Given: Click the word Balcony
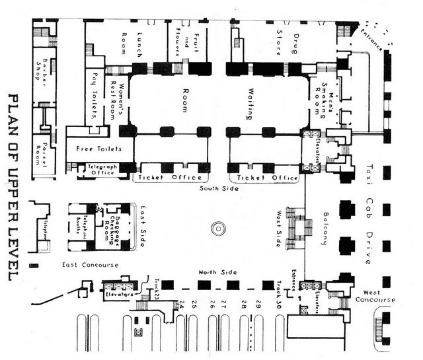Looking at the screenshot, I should (325, 229).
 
